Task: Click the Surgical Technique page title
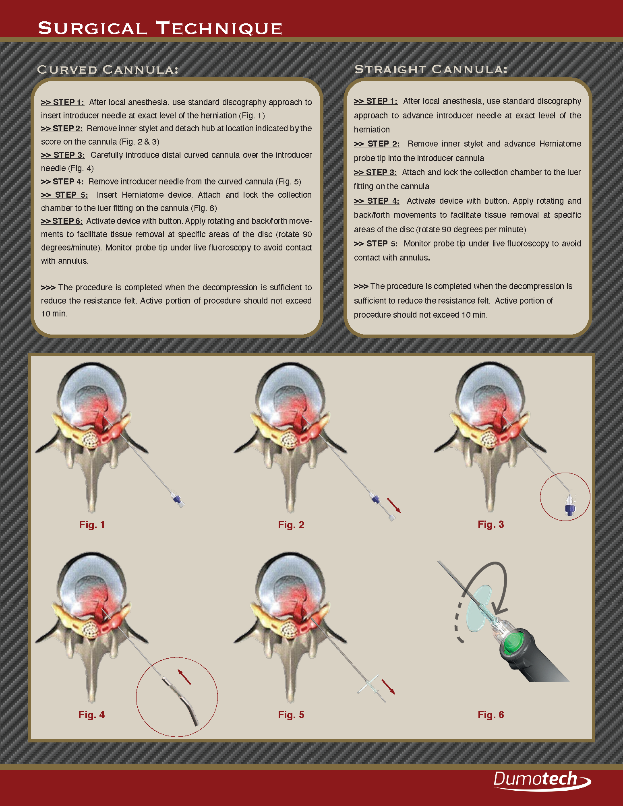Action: pos(160,29)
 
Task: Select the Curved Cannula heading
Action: pos(108,70)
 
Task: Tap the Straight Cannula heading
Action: pos(431,69)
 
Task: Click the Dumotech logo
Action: pos(542,780)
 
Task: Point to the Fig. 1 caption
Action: pos(92,525)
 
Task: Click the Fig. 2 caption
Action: pos(291,525)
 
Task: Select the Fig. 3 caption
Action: pos(491,524)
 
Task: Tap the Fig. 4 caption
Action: pos(91,715)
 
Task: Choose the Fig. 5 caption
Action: pos(291,715)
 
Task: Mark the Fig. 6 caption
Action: pos(491,715)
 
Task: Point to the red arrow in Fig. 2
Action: pos(394,505)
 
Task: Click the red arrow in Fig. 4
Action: pos(184,677)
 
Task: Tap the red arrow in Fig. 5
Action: pos(388,687)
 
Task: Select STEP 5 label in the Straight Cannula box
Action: pos(376,244)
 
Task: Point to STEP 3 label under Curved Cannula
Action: pos(63,155)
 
